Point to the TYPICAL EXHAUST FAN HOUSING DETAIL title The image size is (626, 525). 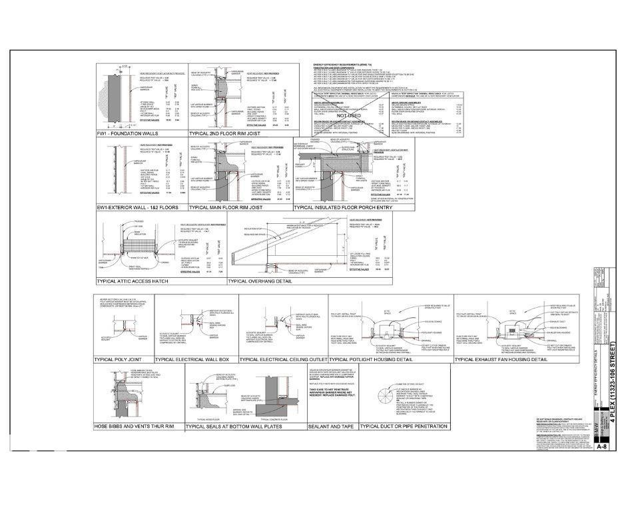click(501, 360)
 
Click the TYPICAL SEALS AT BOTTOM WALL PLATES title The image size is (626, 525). click(234, 426)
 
